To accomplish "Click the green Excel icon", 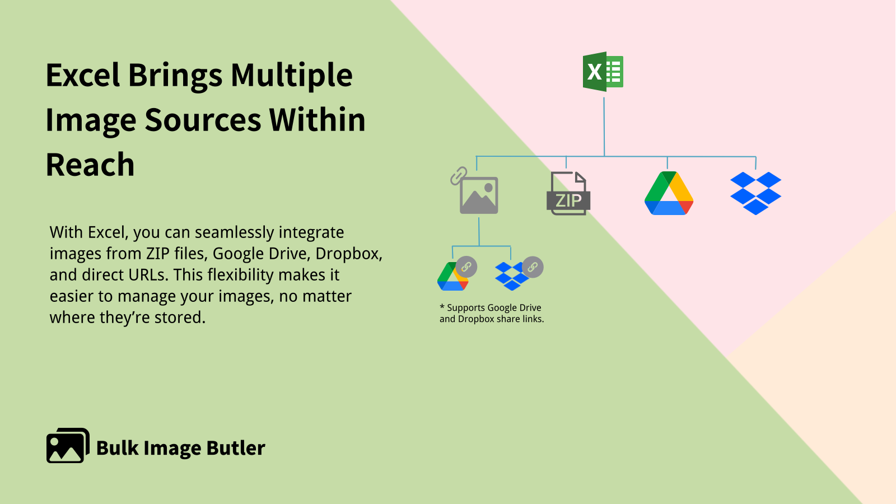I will click(603, 72).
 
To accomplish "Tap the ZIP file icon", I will click(568, 194).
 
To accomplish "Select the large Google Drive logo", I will click(669, 194).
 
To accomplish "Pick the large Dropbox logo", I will click(755, 193).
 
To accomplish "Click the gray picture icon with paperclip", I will click(477, 193).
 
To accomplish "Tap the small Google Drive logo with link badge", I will click(454, 276).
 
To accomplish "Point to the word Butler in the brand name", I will click(235, 448).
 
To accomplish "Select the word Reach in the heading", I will click(90, 165).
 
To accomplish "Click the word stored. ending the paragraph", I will click(180, 318).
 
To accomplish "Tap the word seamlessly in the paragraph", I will click(234, 232).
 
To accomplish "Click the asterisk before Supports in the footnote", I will click(442, 306).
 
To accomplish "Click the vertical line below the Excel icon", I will click(604, 126).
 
